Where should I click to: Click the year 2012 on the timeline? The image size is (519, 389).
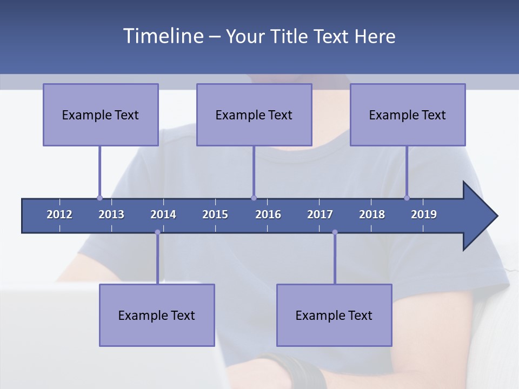click(59, 214)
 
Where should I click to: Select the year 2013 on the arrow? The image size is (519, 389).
click(111, 214)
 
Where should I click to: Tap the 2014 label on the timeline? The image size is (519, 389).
click(163, 214)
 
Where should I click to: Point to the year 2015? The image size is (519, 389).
click(215, 214)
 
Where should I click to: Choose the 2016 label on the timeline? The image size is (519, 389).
click(268, 214)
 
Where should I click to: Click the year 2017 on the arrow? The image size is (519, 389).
click(320, 214)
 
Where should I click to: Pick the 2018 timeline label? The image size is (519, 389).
click(372, 214)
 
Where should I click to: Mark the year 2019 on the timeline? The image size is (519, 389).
click(424, 214)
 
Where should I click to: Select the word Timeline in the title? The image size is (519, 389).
click(162, 36)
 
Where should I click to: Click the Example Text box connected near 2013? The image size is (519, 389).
click(101, 115)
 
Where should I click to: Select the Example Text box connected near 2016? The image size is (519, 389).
click(254, 115)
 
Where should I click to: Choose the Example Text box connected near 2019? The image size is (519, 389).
click(408, 115)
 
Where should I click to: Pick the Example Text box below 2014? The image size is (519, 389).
click(157, 315)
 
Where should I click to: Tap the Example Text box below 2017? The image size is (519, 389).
click(334, 315)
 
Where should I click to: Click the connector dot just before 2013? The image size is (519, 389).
click(99, 198)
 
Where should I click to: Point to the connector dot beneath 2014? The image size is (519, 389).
click(157, 232)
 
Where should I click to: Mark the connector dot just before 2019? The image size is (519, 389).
click(407, 198)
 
